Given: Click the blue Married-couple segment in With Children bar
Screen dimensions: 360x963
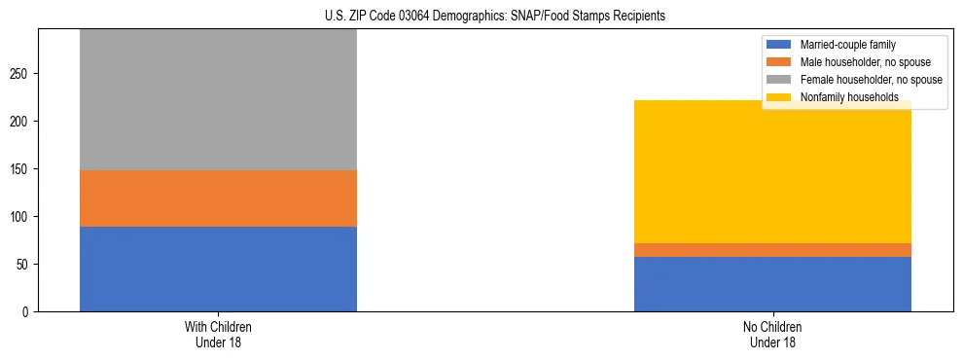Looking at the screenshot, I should click(218, 269).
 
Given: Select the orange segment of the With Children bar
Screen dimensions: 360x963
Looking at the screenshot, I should click(218, 198).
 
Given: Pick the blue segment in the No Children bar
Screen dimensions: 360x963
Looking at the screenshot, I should click(772, 284).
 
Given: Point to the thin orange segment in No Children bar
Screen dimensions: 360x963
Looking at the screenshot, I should click(772, 250).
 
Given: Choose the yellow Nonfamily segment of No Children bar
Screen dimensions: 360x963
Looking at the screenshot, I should click(772, 171).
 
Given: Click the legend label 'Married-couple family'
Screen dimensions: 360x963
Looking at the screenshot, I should click(847, 45).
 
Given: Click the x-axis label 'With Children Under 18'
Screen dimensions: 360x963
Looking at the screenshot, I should click(218, 335).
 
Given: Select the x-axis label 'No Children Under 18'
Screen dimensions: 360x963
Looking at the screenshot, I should click(772, 335).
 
